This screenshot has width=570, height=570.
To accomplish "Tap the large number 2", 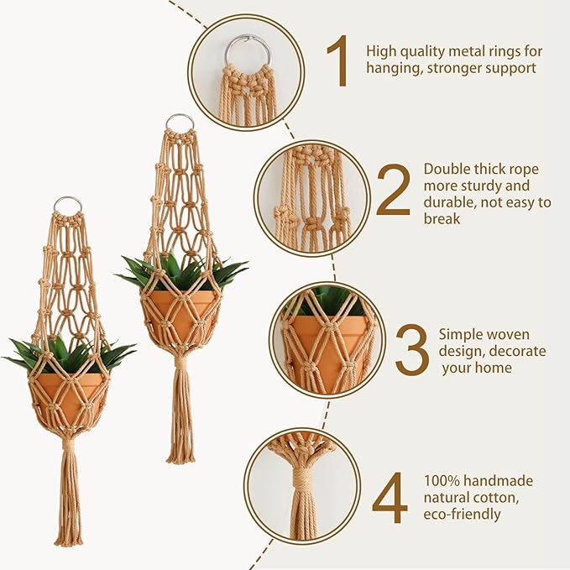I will pos(394,189).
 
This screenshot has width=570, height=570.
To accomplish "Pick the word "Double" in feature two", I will pos(446,169).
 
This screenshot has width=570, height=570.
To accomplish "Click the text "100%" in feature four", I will pos(442,481).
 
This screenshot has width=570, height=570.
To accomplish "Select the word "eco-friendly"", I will pos(463,514).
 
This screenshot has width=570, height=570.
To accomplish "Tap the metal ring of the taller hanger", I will pos(179,123).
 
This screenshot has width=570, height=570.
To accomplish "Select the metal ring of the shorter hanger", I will pos(68,204).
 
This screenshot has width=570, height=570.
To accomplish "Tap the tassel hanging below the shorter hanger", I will pos(69,495).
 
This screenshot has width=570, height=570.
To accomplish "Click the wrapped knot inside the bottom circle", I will pos(302,483).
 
